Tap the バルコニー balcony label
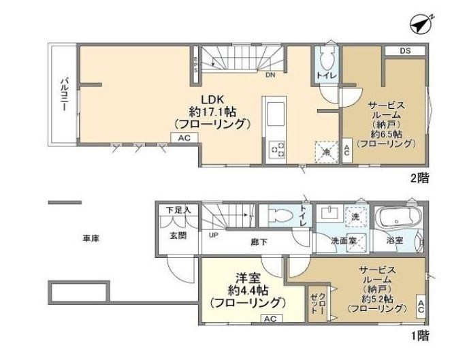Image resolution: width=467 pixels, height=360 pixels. tap(63, 95)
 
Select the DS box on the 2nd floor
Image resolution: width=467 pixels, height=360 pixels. tap(404, 50)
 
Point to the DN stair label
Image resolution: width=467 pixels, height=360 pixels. tap(270, 74)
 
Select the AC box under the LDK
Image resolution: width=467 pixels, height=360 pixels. tap(183, 137)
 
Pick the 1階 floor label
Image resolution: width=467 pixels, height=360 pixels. tap(420, 335)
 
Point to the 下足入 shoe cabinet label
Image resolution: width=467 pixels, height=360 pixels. tap(178, 211)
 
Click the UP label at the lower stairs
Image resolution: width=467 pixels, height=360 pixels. tap(213, 235)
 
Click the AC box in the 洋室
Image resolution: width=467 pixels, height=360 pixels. tap(269, 318)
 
